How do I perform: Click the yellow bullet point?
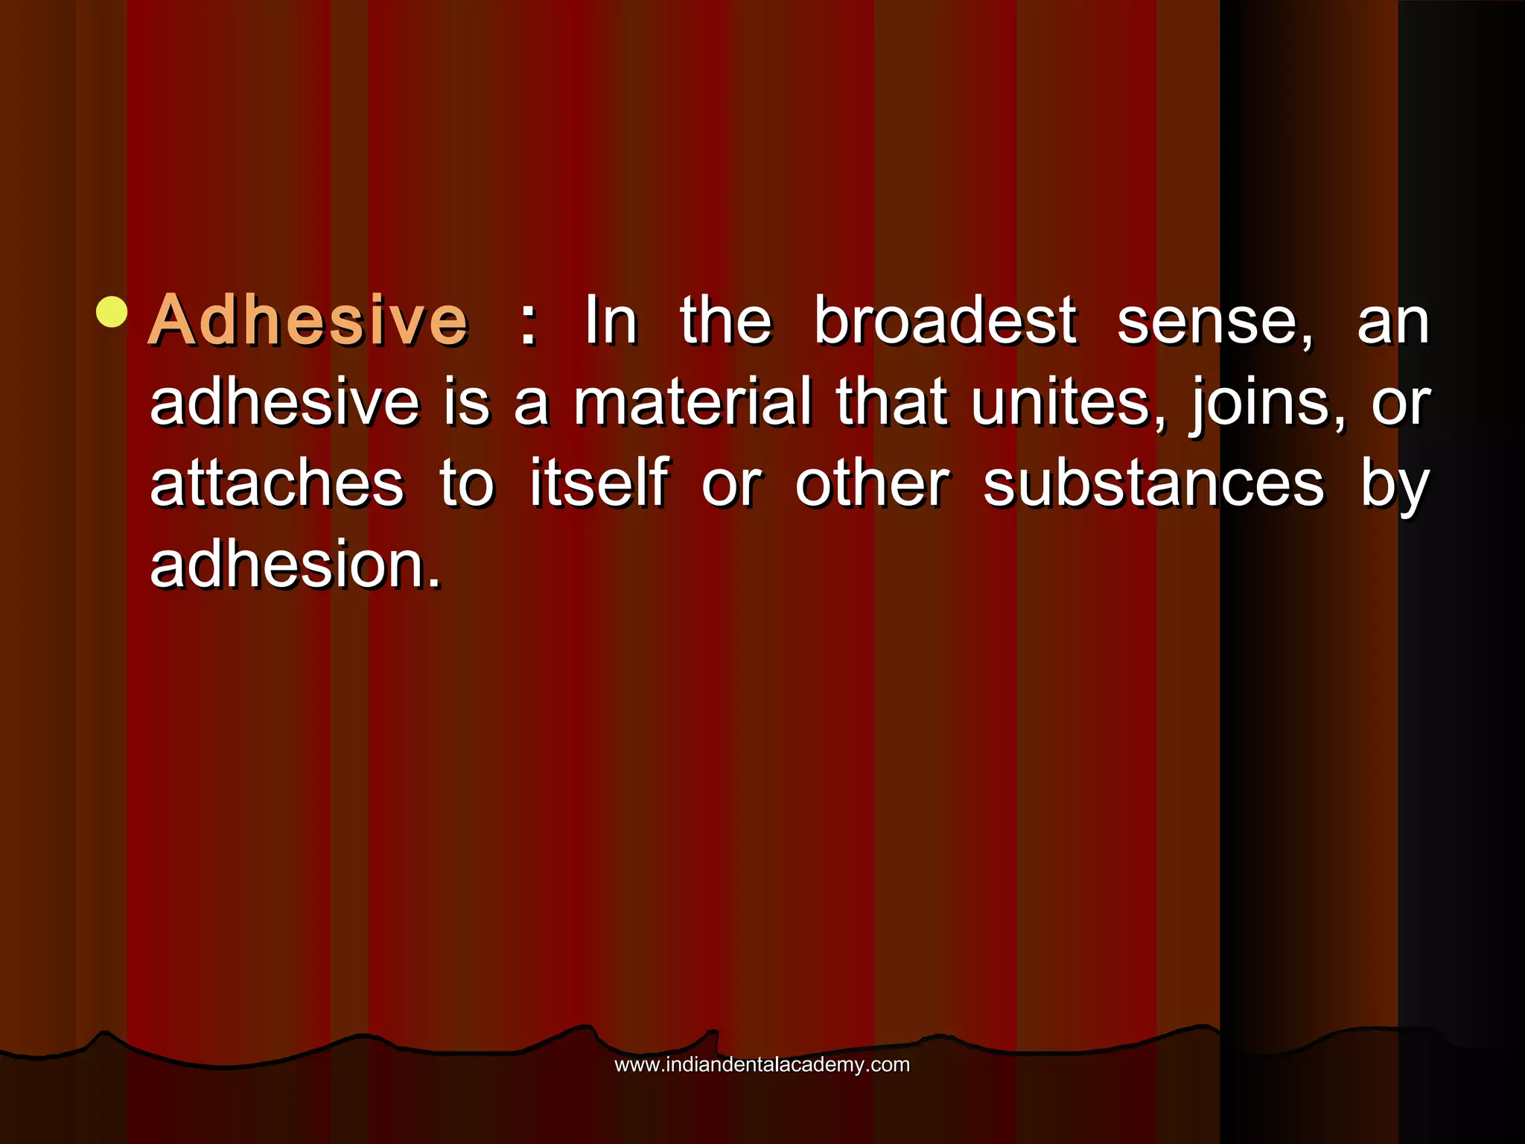click(x=112, y=312)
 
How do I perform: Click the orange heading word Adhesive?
click(x=308, y=321)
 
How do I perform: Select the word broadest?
click(x=945, y=321)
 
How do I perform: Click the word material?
click(x=692, y=402)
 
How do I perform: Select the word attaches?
click(x=277, y=484)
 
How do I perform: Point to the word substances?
click(x=1153, y=484)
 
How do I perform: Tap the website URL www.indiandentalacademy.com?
click(x=762, y=1064)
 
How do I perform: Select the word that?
click(x=892, y=402)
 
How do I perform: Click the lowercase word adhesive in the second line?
click(x=284, y=402)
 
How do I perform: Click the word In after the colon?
click(x=611, y=321)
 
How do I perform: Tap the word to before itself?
click(x=467, y=484)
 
